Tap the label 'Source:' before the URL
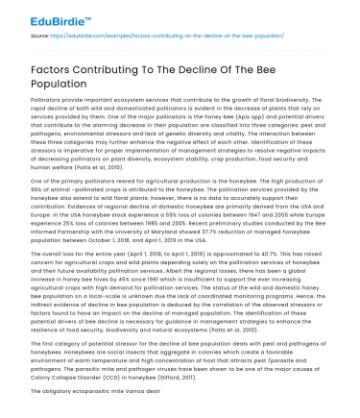pyautogui.click(x=40, y=34)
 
